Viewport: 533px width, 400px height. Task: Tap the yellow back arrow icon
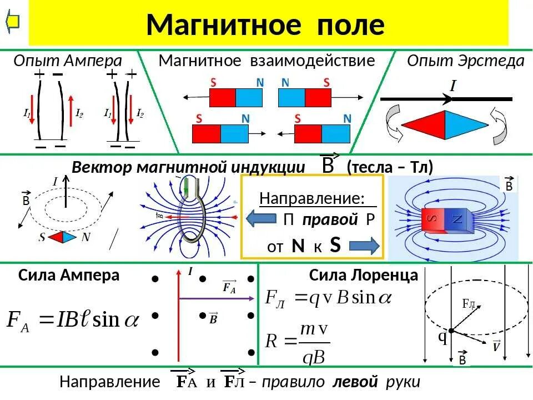(13, 22)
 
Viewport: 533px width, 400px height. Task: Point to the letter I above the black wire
(452, 86)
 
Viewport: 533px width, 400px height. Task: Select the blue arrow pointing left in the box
(261, 218)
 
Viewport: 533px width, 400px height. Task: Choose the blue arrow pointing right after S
(364, 246)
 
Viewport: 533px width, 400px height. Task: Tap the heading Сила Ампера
(69, 275)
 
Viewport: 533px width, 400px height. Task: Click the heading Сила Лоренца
(363, 275)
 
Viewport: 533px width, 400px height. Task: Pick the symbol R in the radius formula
(271, 340)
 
